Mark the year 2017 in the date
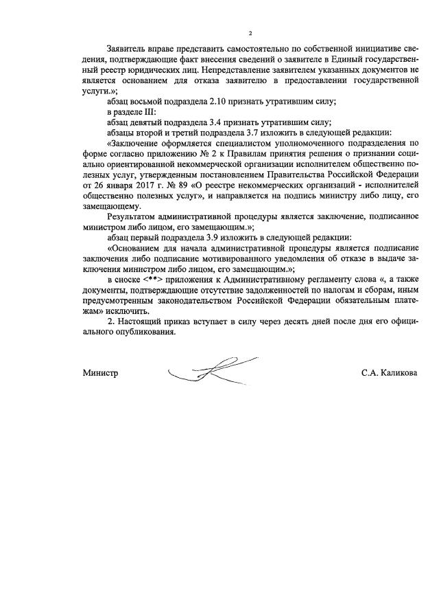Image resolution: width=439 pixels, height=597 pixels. click(132, 185)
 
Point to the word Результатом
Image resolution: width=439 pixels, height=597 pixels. click(132, 215)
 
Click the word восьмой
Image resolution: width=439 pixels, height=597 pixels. click(151, 100)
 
